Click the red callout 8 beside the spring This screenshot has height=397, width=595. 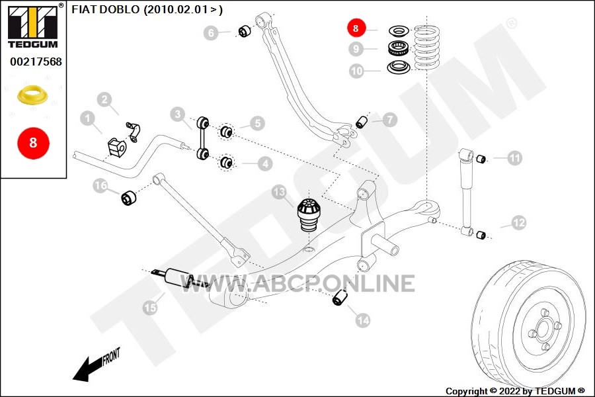tap(356, 28)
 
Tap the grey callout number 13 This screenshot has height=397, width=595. tap(279, 192)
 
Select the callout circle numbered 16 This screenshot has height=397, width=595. tap(100, 185)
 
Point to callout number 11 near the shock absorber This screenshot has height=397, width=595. tap(514, 157)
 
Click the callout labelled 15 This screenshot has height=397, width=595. tap(150, 307)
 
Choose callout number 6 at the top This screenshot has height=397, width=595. tap(211, 32)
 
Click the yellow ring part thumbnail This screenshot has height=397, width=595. tap(33, 95)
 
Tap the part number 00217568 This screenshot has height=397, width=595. tap(36, 62)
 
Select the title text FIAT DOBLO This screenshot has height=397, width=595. tap(106, 9)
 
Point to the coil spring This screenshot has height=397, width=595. tap(426, 47)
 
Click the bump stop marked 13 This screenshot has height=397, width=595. tap(309, 214)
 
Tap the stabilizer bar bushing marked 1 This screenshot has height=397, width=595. tap(116, 147)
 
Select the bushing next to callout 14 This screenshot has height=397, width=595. tap(340, 297)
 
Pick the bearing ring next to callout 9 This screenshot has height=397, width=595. tap(398, 48)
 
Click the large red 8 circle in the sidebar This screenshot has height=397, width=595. tap(34, 143)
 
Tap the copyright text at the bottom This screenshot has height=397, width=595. tap(515, 391)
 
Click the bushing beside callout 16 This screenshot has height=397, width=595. tap(129, 198)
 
